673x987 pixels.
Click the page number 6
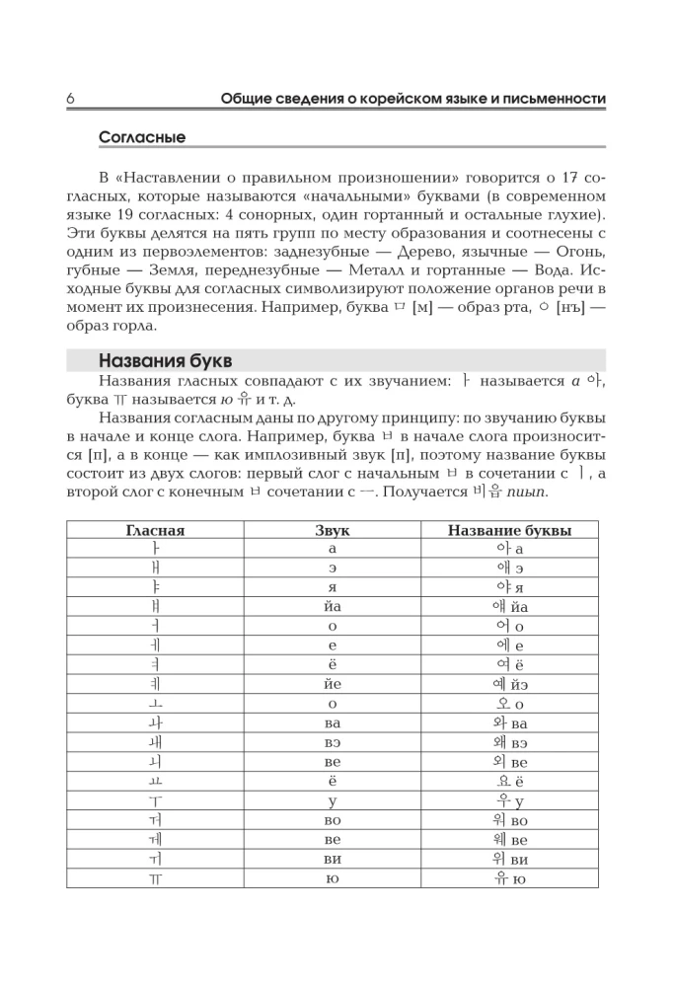point(71,99)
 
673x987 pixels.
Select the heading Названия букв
point(165,360)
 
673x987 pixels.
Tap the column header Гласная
point(155,530)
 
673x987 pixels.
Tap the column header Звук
point(332,530)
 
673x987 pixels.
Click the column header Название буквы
point(509,530)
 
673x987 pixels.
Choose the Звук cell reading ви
point(332,860)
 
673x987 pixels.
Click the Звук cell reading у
point(332,801)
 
